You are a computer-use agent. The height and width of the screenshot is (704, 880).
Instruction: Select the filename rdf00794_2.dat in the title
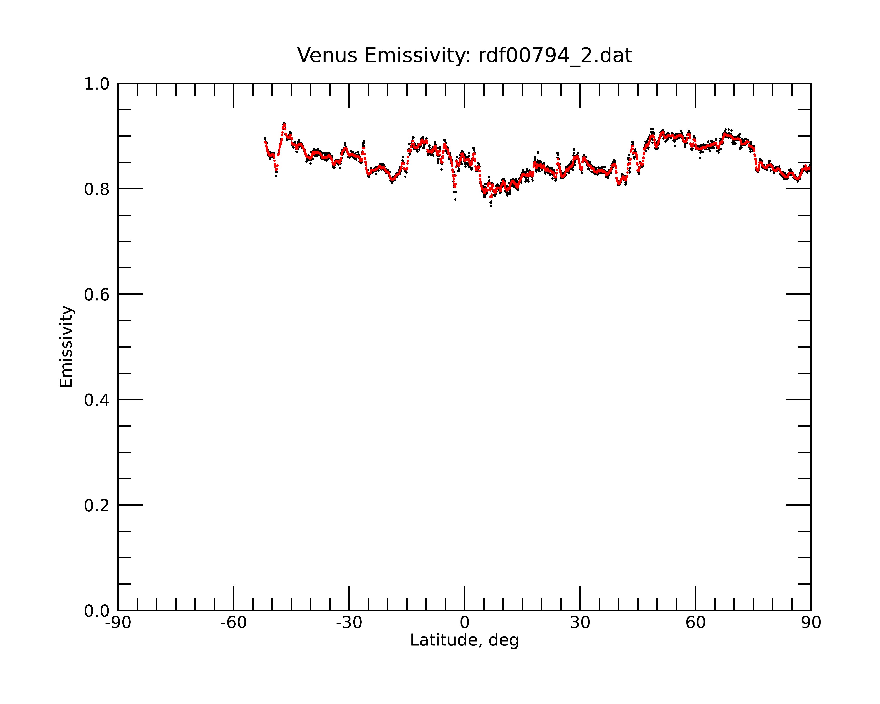point(555,56)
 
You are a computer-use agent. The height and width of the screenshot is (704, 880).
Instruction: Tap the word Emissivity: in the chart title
point(418,56)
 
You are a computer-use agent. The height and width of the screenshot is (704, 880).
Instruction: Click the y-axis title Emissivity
point(66,346)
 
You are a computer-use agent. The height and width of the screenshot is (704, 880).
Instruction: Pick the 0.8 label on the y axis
point(97,189)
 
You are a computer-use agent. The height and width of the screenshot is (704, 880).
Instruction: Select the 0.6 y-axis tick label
point(97,295)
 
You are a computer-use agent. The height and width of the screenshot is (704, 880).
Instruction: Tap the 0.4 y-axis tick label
point(97,400)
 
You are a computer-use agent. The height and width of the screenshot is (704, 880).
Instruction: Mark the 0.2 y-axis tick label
point(97,506)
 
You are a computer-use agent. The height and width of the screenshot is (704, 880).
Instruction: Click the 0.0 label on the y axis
point(97,611)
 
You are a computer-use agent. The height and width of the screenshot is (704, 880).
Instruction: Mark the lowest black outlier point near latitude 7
point(491,207)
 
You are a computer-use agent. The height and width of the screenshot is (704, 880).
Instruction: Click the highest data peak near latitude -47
point(283,123)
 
